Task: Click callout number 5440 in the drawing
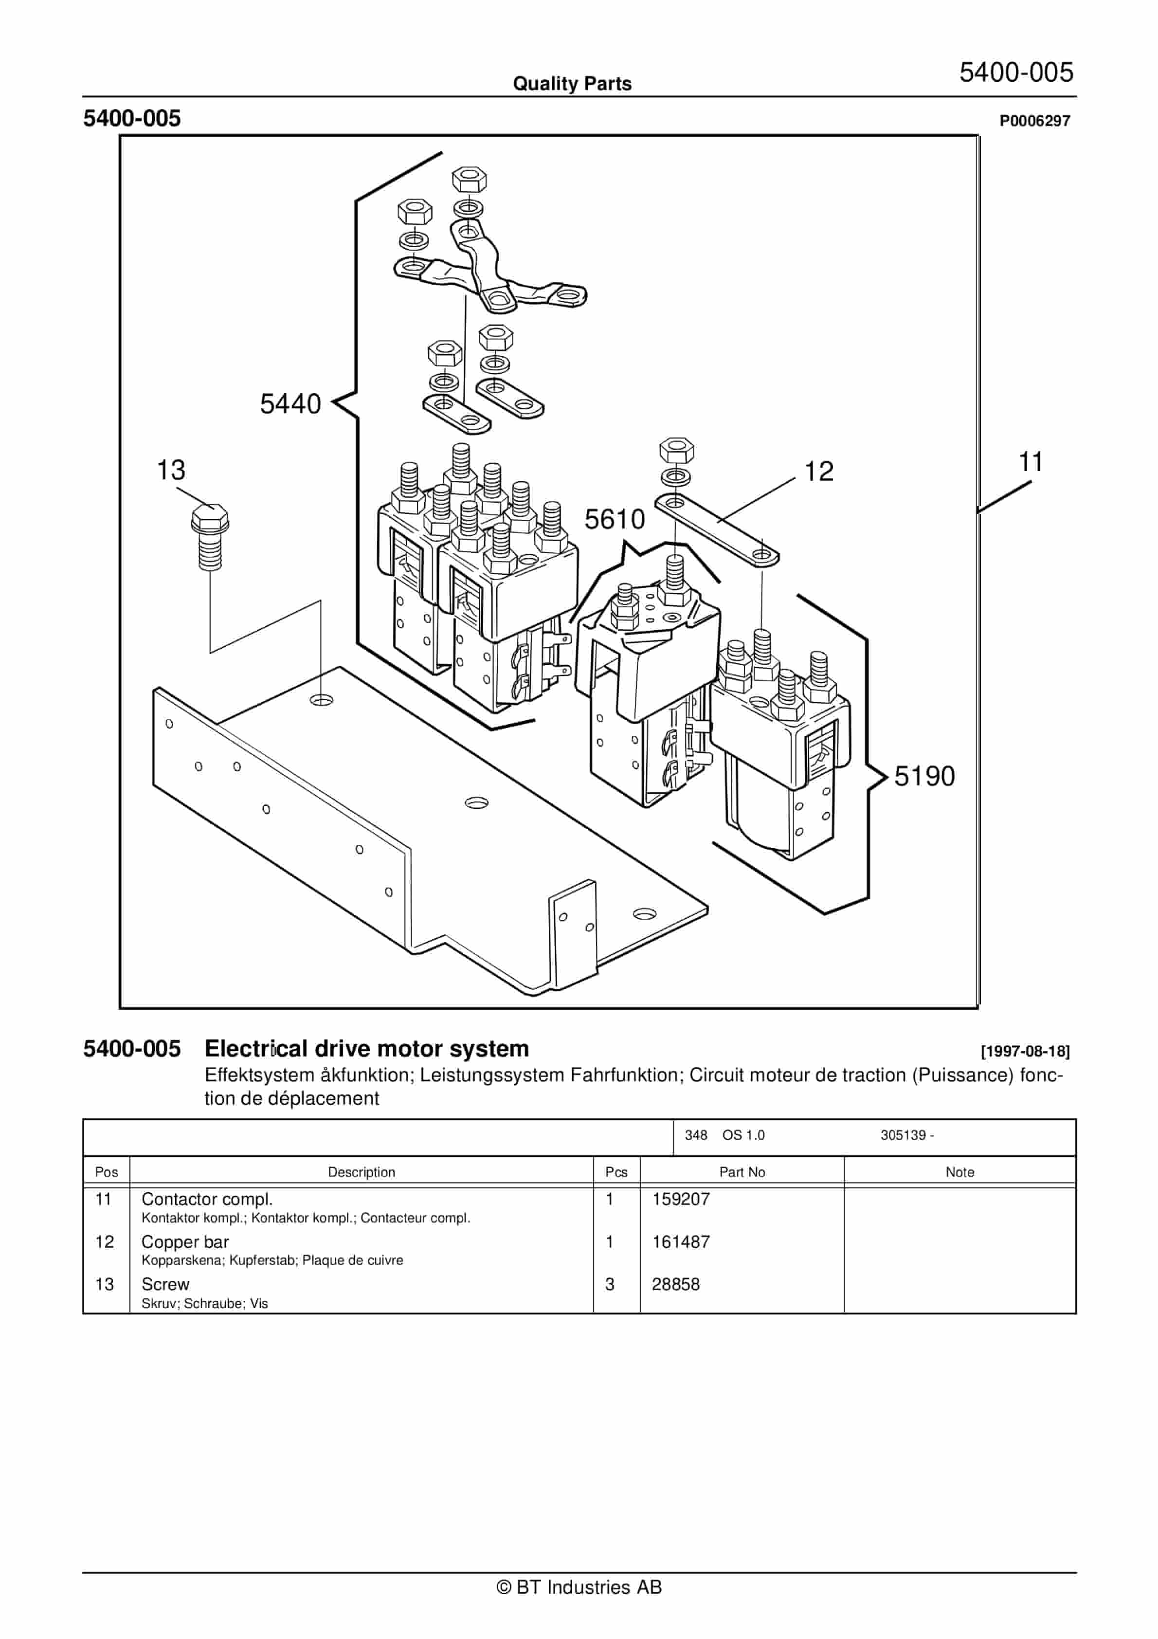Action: pos(290,404)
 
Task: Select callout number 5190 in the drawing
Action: pos(924,777)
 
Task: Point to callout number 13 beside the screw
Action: pos(171,471)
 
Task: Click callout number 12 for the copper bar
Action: pos(818,472)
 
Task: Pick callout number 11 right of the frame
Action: pos(1030,463)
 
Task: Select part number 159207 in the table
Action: pos(680,1199)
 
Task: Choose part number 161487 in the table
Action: pos(680,1242)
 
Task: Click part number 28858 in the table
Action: pos(675,1284)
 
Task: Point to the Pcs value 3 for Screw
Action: pos(610,1284)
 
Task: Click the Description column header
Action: pos(361,1172)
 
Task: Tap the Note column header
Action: pos(959,1172)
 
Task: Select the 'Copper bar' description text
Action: pos(185,1242)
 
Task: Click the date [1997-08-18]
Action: pos(1025,1052)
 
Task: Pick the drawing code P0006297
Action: pos(1034,121)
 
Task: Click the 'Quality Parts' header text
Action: pos(572,84)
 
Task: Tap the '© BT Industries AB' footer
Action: pos(579,1587)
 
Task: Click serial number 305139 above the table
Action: pos(903,1135)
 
